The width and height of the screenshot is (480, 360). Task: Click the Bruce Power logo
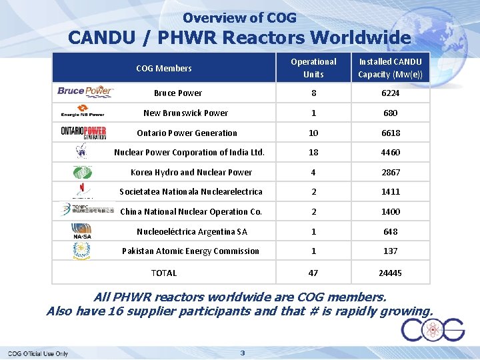85,91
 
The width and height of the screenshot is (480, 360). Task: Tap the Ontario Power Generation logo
83,131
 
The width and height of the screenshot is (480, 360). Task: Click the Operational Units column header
313,67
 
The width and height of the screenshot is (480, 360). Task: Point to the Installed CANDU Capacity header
391,67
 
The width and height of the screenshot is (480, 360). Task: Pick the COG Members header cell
164,68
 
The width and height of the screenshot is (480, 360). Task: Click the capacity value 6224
391,93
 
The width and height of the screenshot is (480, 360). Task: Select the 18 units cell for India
313,153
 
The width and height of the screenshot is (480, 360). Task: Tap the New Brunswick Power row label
186,113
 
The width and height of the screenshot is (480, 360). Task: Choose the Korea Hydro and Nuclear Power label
191,172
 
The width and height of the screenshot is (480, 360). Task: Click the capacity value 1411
391,192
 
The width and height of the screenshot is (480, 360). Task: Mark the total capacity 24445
391,273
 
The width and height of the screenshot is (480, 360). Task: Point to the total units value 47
313,273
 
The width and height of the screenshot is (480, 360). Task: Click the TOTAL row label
164,273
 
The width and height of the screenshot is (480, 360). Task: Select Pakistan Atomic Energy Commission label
191,251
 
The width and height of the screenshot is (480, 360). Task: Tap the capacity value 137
391,251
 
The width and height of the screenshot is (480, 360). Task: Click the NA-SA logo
82,231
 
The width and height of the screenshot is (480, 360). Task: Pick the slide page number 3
243,353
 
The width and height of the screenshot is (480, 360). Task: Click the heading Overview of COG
240,18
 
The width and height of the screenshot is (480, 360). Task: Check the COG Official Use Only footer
38,353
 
